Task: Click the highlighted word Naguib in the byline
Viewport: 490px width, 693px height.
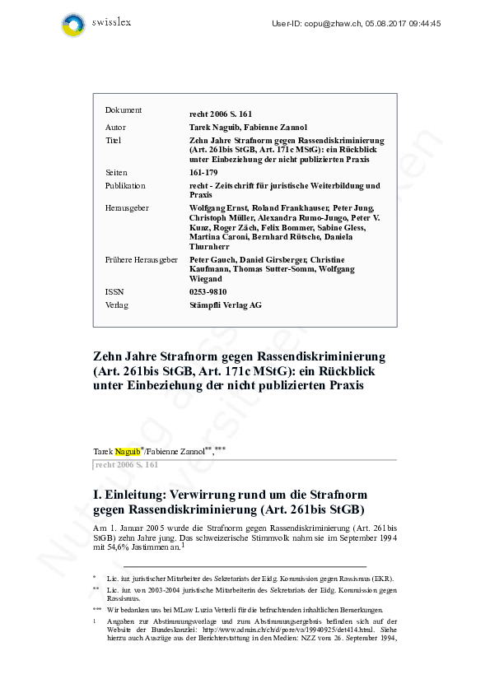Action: (x=128, y=451)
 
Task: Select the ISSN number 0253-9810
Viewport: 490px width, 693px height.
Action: (x=208, y=291)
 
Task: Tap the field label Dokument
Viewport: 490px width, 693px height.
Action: (x=124, y=110)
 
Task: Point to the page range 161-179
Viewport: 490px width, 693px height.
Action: (x=203, y=174)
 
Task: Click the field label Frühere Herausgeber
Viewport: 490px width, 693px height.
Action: (x=142, y=260)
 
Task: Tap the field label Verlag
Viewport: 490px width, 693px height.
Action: (x=117, y=305)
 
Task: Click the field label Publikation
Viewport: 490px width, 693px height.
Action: (x=125, y=186)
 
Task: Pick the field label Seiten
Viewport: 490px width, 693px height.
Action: (x=116, y=174)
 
